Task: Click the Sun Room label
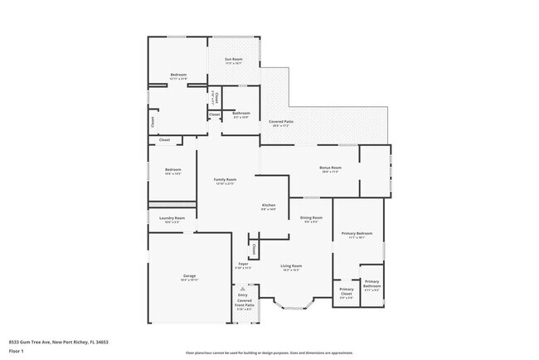click(233, 60)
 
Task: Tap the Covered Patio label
click(279, 122)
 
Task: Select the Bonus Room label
click(330, 168)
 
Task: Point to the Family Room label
click(225, 180)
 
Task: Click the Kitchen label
click(269, 206)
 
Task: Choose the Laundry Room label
click(172, 219)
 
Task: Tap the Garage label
click(189, 276)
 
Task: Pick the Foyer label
click(243, 265)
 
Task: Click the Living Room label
click(291, 267)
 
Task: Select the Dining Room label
click(311, 218)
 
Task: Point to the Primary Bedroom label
click(357, 235)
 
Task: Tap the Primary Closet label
click(346, 291)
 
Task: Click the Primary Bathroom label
click(371, 286)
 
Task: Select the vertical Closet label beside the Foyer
click(254, 249)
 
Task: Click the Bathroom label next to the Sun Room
click(241, 114)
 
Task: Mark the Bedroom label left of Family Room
click(172, 171)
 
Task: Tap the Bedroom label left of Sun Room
click(178, 75)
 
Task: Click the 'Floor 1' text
click(17, 351)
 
